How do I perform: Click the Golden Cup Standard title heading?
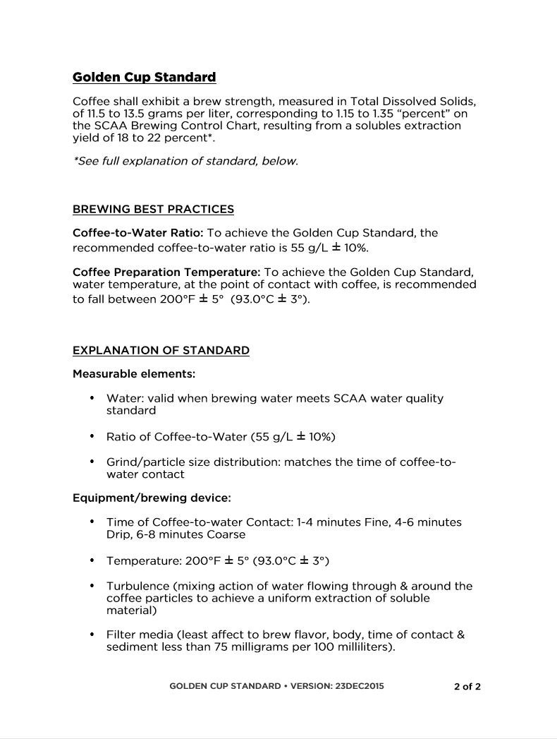[x=144, y=77]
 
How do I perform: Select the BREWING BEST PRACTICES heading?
[x=153, y=209]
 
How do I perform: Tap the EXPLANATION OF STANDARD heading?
[x=161, y=350]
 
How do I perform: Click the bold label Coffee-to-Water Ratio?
[x=138, y=233]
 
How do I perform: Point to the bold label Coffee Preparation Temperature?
[x=166, y=272]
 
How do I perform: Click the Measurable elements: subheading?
[x=134, y=373]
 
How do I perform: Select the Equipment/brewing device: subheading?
[x=152, y=498]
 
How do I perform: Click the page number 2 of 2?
[x=467, y=686]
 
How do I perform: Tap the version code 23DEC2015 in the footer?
[x=360, y=686]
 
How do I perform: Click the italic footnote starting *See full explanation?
[x=185, y=161]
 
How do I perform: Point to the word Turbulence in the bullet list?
[x=138, y=586]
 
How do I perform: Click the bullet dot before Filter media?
[x=92, y=634]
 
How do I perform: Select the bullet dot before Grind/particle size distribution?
[x=92, y=462]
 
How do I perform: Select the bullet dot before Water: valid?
[x=92, y=397]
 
